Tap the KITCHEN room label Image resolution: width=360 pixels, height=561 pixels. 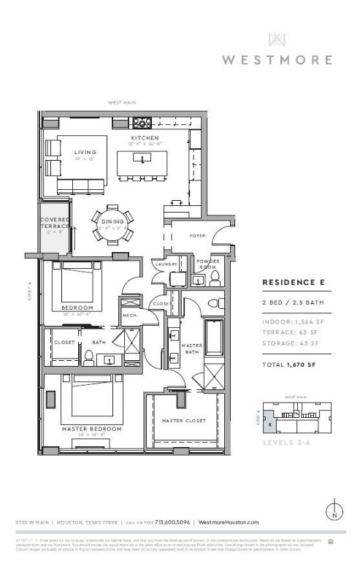click(x=139, y=137)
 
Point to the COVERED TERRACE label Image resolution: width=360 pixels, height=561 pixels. click(x=55, y=223)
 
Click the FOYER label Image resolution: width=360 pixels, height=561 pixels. click(x=197, y=236)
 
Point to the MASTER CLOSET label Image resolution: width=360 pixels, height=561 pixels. click(x=183, y=421)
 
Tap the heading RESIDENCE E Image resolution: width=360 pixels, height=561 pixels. click(x=292, y=280)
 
